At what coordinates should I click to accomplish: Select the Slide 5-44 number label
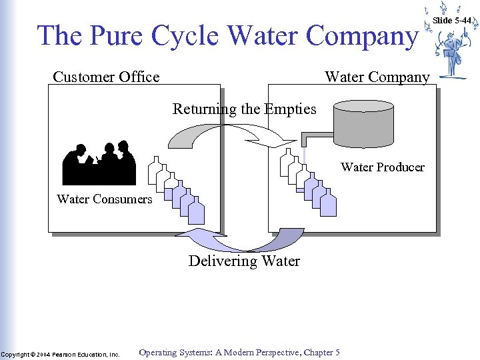pos(452,21)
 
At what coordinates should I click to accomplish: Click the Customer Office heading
pos(106,77)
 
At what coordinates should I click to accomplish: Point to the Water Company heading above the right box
pos(377,77)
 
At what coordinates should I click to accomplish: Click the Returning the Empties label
pos(244,109)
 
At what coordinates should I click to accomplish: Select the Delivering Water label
pos(244,261)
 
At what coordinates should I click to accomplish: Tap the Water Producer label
pos(383,167)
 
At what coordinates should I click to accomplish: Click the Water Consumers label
pos(105,199)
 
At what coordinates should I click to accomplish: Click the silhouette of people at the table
pos(99,164)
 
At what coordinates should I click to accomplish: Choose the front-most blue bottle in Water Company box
pos(328,204)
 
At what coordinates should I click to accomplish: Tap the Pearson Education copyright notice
pos(60,354)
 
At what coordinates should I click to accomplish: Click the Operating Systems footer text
pos(239,352)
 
